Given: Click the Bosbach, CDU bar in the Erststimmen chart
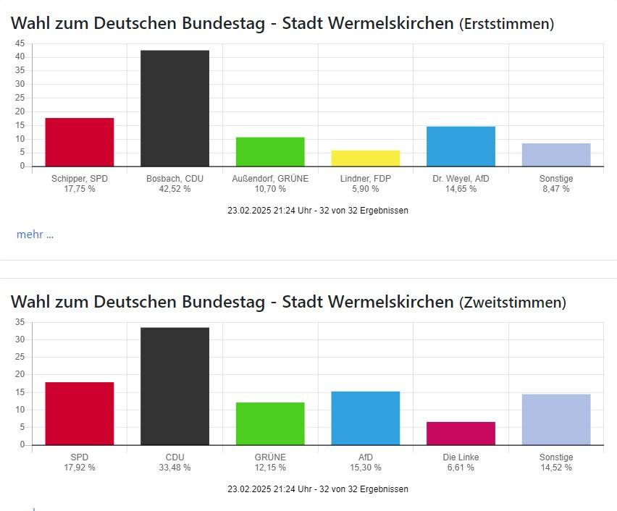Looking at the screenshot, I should (x=175, y=108).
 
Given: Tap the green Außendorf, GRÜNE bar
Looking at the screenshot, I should (x=270, y=151).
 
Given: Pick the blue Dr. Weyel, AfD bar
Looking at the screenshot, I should (x=461, y=146).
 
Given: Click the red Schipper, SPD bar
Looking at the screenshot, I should (x=80, y=142).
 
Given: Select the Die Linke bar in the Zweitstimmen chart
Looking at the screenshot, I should (x=461, y=434).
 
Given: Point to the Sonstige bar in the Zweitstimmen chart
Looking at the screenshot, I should (x=556, y=420).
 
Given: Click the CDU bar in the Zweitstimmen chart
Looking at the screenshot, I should (x=175, y=387).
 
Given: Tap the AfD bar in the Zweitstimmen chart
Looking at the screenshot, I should (x=366, y=418).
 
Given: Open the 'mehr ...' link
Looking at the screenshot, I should (x=35, y=234).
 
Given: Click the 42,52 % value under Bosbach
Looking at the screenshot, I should (x=175, y=189).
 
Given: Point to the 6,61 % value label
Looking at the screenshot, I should (x=461, y=468).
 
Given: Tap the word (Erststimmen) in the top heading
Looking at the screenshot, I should (x=506, y=24).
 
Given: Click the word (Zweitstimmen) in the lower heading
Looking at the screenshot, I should (x=513, y=303).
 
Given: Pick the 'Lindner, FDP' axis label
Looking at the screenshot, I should (x=366, y=178).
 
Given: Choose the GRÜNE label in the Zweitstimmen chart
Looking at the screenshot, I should (x=270, y=457).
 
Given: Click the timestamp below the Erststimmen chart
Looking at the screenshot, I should (x=318, y=211).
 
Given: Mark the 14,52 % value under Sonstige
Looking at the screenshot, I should (x=556, y=468).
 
